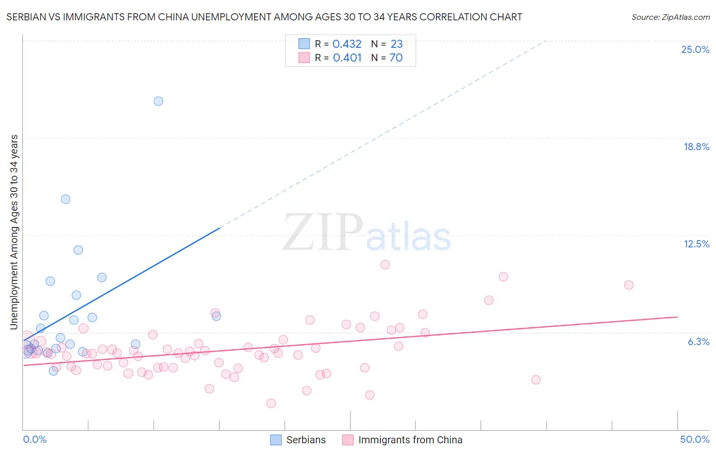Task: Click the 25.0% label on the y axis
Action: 695,49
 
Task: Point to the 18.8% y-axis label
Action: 696,147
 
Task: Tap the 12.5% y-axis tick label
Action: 696,244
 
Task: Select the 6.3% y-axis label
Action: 698,342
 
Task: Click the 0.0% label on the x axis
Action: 35,439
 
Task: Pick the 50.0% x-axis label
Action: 694,439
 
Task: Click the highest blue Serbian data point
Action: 158,101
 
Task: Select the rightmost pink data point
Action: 629,285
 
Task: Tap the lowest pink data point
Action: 271,403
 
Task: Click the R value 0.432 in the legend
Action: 347,44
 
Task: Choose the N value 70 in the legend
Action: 396,58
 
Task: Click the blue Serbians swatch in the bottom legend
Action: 276,440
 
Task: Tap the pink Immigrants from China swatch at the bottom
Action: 348,440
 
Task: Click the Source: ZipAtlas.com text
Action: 670,17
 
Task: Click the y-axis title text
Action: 14,232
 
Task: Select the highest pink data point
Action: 385,265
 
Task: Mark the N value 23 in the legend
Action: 396,44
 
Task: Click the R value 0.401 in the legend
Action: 347,58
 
